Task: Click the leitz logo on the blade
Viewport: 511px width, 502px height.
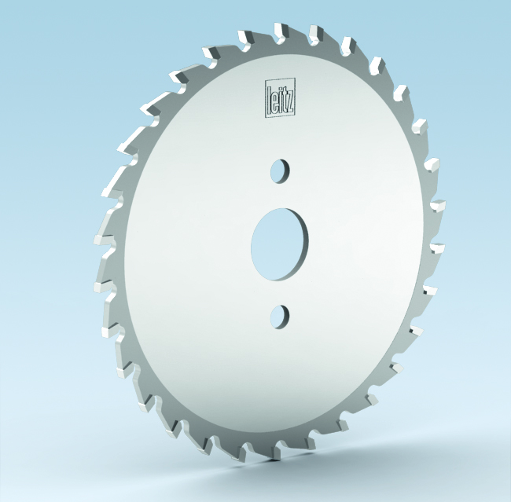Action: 281,97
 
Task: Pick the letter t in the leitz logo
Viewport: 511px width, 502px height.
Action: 284,99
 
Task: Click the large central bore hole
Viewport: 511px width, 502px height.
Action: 280,244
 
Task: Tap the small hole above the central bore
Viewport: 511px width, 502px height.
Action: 280,171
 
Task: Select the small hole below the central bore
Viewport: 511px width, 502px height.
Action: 280,317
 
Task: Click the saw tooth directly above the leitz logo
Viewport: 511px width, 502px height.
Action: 281,32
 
